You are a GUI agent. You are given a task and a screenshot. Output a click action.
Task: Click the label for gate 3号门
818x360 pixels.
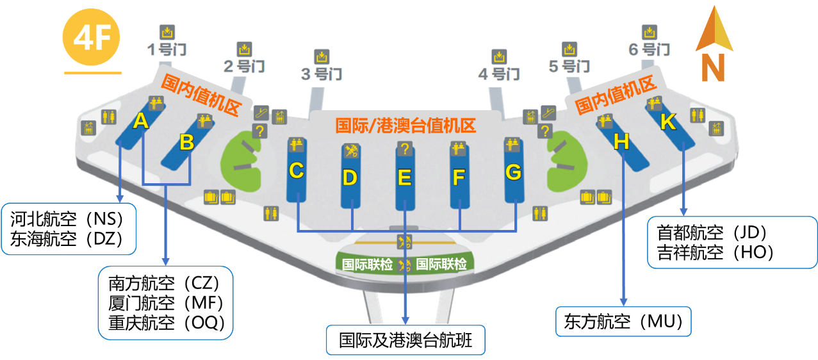[x=322, y=74]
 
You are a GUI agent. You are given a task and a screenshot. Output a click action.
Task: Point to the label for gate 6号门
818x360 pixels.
[x=649, y=49]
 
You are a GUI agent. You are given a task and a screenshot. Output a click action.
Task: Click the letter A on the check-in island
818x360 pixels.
[x=141, y=120]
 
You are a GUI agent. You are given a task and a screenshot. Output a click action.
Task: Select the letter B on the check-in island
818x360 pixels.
[x=186, y=142]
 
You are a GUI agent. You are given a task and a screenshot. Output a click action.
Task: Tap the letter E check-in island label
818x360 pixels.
[x=404, y=177]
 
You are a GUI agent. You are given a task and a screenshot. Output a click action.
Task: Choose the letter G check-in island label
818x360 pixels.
[x=513, y=172]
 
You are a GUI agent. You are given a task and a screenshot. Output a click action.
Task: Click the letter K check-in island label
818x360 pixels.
[x=667, y=122]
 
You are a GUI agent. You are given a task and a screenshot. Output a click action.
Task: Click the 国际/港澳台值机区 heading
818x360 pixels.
[x=405, y=125]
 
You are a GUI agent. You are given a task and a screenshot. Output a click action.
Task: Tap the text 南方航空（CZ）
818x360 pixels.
[x=164, y=282]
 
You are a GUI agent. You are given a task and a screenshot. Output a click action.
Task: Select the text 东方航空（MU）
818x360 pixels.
[x=623, y=322]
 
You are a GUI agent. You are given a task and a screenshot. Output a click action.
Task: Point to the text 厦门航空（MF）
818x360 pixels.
[x=165, y=302]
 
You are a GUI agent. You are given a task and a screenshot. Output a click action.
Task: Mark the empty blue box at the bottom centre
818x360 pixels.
[x=405, y=340]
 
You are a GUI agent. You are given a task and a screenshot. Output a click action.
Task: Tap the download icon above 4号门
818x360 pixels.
[x=499, y=56]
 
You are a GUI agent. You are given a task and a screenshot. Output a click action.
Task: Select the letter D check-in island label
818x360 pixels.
[x=349, y=177]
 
